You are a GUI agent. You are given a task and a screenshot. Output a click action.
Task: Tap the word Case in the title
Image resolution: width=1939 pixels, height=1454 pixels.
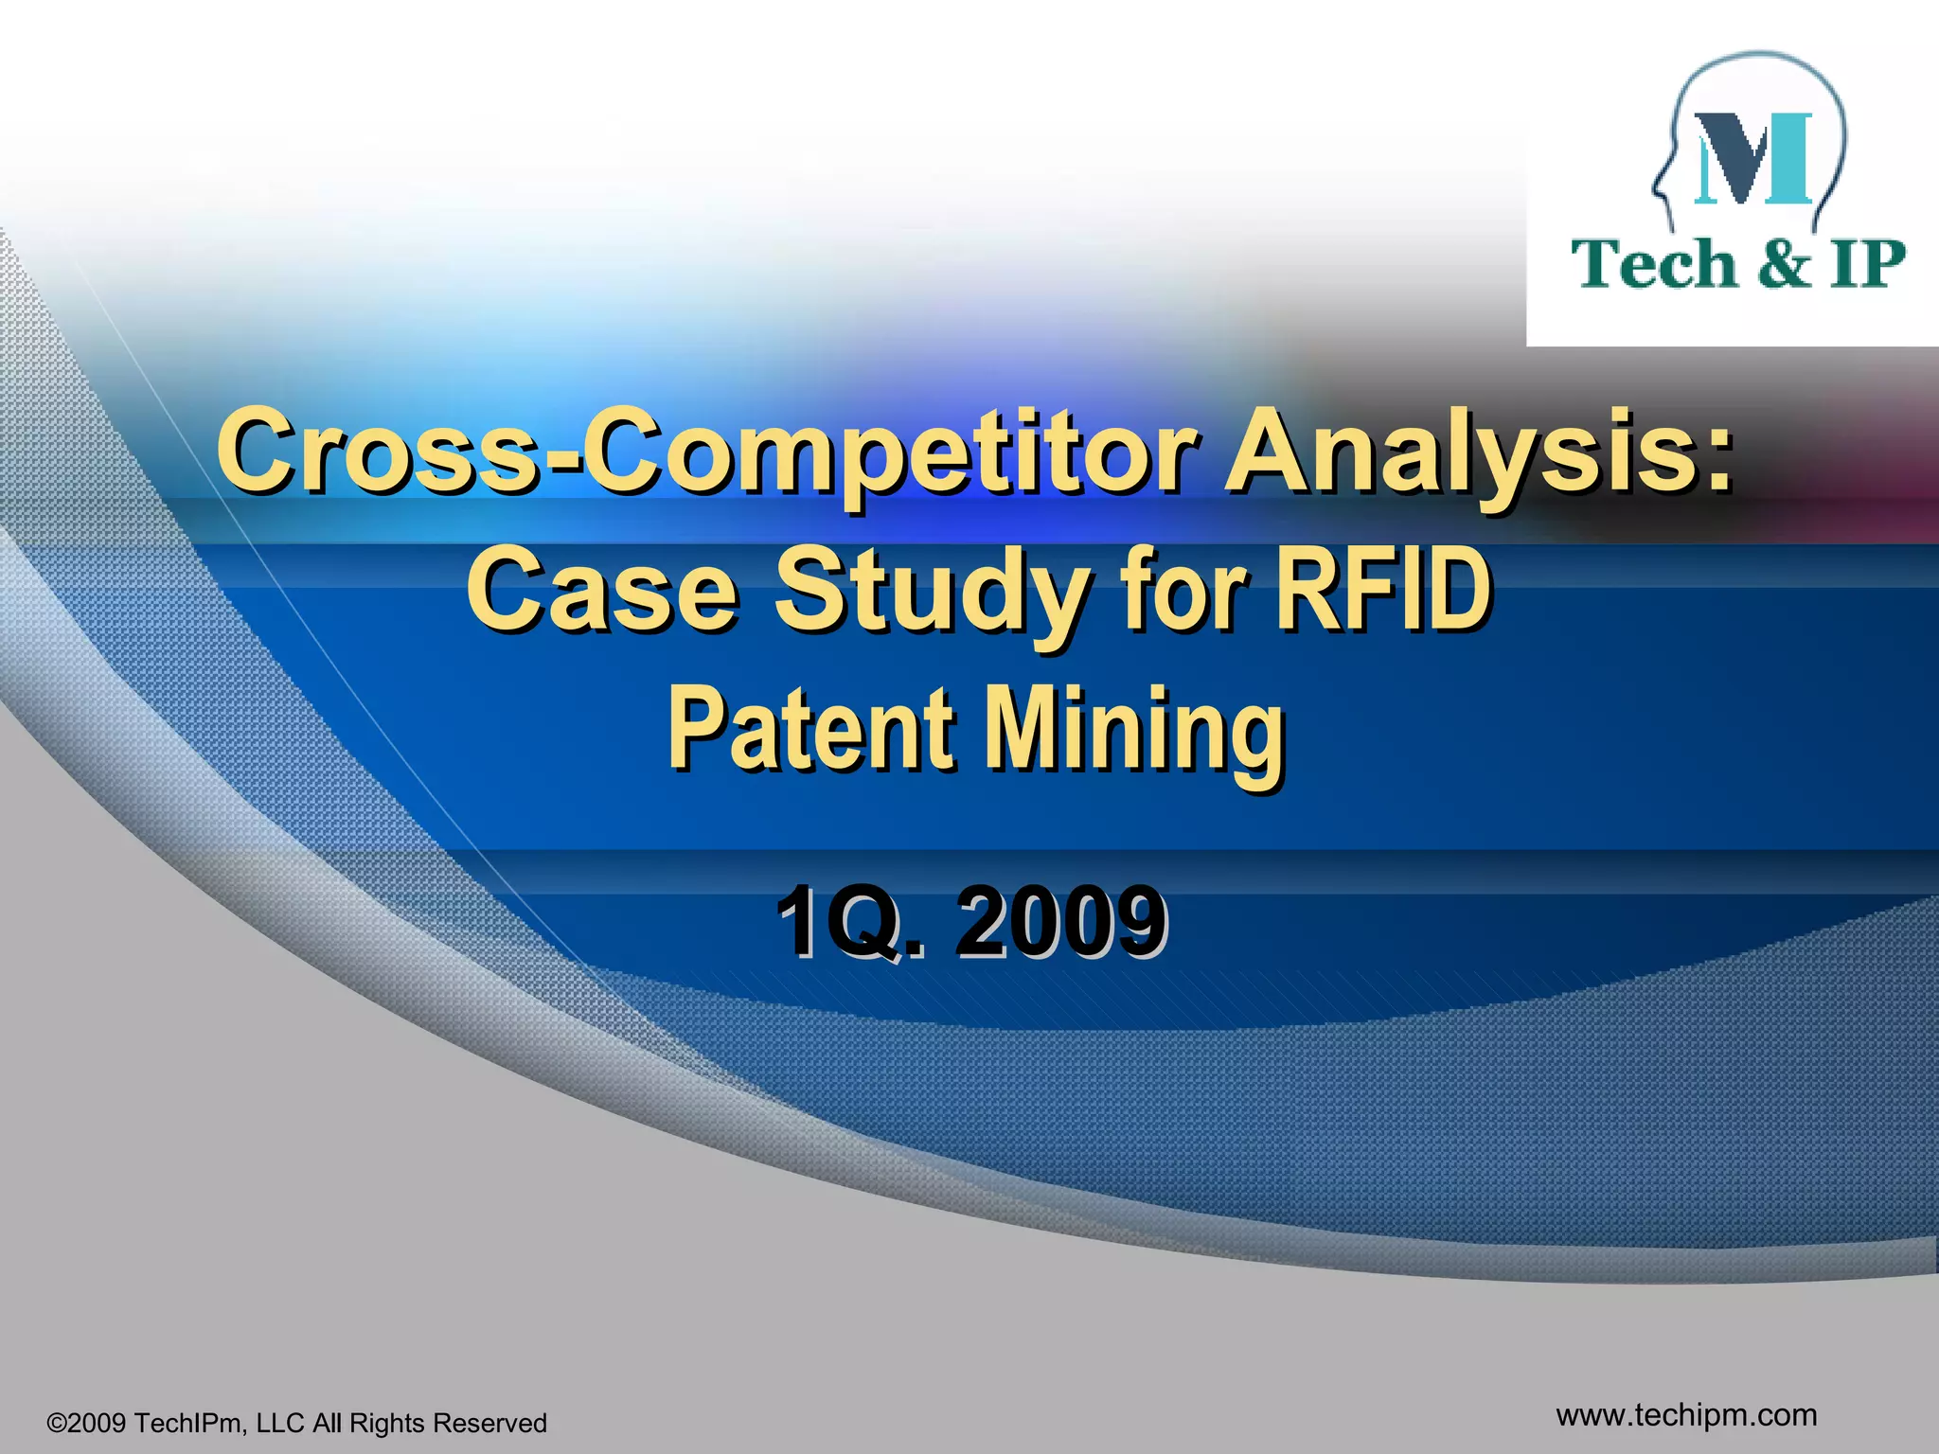pyautogui.click(x=602, y=591)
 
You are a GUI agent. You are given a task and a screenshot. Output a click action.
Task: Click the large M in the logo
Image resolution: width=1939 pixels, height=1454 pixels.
pyautogui.click(x=1752, y=158)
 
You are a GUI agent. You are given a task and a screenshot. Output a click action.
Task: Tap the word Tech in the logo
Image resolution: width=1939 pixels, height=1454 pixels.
pyautogui.click(x=1654, y=264)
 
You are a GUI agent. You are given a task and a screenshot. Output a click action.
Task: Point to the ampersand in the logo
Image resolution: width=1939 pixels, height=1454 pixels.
pyautogui.click(x=1783, y=264)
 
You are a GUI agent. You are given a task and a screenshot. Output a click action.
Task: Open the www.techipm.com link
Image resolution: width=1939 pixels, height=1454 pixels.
pyautogui.click(x=1686, y=1414)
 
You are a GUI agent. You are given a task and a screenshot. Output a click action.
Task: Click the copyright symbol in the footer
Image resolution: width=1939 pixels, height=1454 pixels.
pyautogui.click(x=56, y=1424)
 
